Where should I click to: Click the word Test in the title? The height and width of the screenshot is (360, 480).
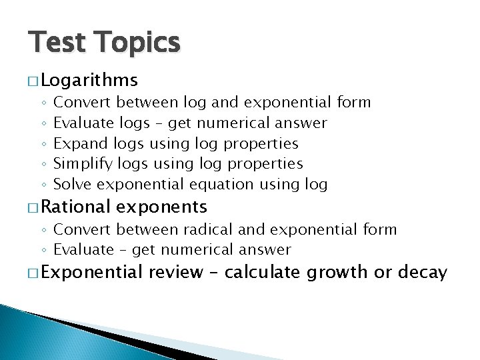click(x=55, y=43)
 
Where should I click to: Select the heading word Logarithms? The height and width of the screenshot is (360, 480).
click(x=89, y=81)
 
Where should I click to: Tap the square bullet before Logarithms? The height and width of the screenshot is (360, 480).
click(x=33, y=81)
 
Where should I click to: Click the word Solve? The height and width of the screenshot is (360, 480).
click(x=73, y=183)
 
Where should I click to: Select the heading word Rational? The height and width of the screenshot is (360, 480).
click(x=76, y=207)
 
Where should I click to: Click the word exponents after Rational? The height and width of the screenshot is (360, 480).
click(x=161, y=207)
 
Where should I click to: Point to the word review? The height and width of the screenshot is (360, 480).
click(x=176, y=272)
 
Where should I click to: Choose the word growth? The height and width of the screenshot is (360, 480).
click(x=341, y=272)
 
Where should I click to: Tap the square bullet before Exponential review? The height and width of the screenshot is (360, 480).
click(x=33, y=273)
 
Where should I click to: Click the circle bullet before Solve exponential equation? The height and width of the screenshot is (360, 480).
click(x=43, y=185)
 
